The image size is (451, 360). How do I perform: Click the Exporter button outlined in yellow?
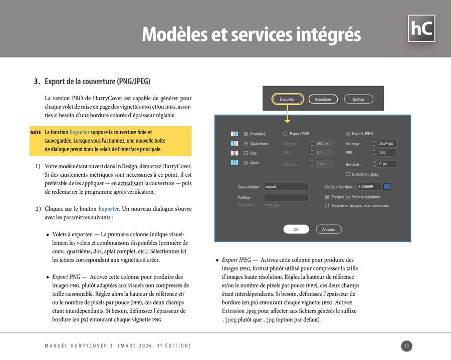[x=287, y=99]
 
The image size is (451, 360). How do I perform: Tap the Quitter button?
[x=358, y=99]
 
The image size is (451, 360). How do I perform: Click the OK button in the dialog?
[x=296, y=229]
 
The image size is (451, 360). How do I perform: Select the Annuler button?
[x=329, y=229]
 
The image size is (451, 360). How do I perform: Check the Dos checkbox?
[x=246, y=153]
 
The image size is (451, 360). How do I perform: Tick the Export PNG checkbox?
[x=286, y=134]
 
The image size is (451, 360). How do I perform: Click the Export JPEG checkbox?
[x=348, y=134]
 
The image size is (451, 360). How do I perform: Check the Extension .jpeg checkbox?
[x=348, y=174]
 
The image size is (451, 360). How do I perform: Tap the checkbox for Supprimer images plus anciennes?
[x=327, y=205]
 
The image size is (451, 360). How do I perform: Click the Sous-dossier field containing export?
[x=286, y=187]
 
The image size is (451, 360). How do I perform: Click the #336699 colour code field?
[x=368, y=187]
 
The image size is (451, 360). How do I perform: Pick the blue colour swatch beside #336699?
[x=387, y=187]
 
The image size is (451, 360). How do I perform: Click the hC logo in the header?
[x=421, y=29]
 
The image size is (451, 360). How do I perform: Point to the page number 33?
[x=406, y=346]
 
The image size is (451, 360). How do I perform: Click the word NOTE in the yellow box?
[x=36, y=133]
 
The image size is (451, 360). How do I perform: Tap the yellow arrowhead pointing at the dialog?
[x=288, y=120]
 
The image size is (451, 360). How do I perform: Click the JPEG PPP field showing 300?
[x=387, y=153]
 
